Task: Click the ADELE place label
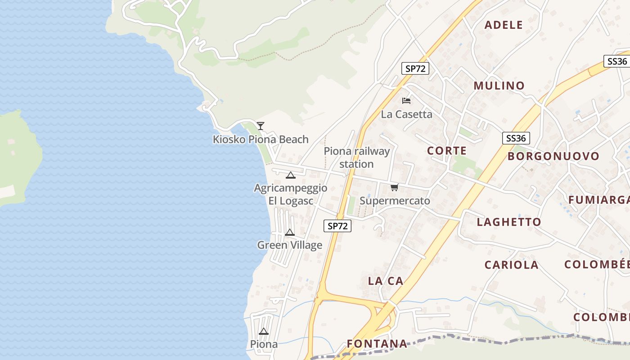tap(504, 25)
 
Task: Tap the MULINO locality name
tap(499, 85)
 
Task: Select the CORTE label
tap(447, 151)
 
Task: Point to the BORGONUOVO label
tap(553, 156)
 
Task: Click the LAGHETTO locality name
tap(509, 222)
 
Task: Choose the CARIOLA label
tap(511, 265)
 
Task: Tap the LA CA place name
tap(386, 281)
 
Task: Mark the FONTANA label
tap(377, 344)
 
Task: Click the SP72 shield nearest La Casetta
tap(415, 68)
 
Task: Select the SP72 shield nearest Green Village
tap(337, 226)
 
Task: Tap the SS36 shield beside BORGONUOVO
tap(516, 138)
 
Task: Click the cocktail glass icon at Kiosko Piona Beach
tap(261, 126)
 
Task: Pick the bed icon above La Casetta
tap(406, 100)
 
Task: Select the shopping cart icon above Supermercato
tap(395, 187)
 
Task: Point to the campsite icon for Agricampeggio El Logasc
tap(290, 175)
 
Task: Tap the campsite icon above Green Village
tap(290, 232)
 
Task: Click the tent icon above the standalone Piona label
tap(264, 332)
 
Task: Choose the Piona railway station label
tap(356, 157)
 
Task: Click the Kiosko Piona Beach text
tap(261, 139)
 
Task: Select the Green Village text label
tap(290, 245)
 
